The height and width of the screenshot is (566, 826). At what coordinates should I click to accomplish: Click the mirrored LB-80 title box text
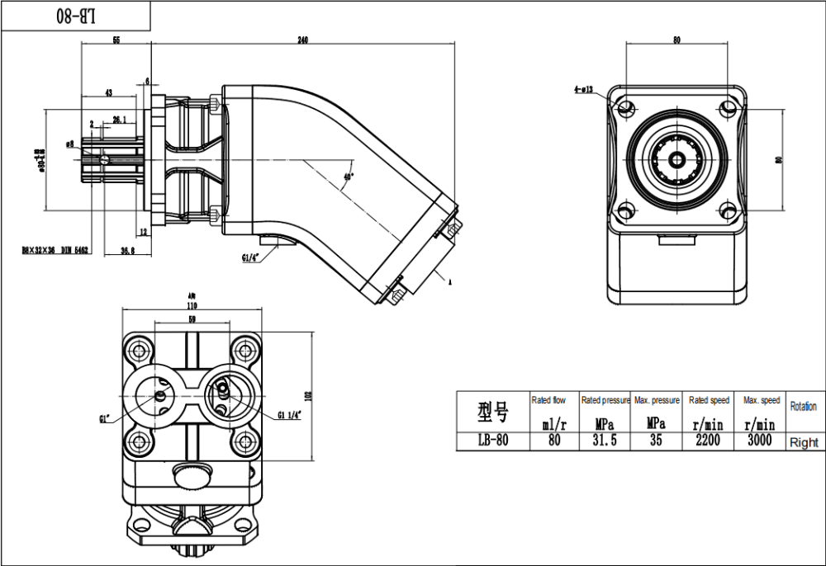75,16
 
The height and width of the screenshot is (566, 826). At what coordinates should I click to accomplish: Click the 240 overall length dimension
303,41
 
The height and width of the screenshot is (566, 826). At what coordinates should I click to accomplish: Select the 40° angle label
349,177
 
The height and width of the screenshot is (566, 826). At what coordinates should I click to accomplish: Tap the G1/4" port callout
251,257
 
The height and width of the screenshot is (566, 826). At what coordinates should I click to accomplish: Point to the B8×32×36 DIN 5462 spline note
55,250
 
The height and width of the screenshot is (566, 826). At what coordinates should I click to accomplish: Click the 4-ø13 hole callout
583,88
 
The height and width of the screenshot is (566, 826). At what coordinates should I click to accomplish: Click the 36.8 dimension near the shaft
128,250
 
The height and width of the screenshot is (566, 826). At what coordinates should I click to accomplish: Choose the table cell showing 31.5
604,441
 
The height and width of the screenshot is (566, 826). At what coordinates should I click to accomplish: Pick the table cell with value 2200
708,441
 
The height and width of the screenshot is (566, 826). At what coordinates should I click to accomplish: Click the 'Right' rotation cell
804,442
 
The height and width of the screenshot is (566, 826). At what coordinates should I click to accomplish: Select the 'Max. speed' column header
761,400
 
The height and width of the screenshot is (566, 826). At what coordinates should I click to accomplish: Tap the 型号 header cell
493,411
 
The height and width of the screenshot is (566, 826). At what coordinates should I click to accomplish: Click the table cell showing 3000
760,441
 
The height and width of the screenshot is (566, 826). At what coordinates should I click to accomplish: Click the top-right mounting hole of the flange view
728,108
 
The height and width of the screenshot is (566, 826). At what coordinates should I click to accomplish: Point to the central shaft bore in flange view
676,159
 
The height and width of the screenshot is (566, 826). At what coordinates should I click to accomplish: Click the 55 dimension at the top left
116,41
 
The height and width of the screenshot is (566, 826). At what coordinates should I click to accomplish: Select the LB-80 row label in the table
493,441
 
